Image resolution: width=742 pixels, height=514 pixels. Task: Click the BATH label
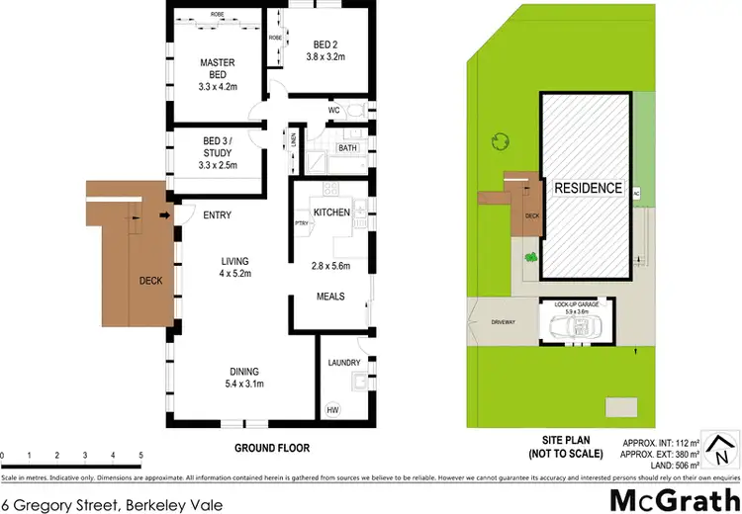pyautogui.click(x=347, y=148)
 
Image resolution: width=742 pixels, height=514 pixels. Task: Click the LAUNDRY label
pyautogui.click(x=342, y=363)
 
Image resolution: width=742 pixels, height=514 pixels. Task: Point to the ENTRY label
pyautogui.click(x=217, y=214)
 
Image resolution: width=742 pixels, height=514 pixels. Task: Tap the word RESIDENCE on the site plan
pyautogui.click(x=588, y=188)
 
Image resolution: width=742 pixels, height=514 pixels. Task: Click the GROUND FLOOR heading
pyautogui.click(x=268, y=448)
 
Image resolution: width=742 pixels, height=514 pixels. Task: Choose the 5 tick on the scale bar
pyautogui.click(x=141, y=455)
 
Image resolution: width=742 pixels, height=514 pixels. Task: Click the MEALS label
pyautogui.click(x=329, y=296)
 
